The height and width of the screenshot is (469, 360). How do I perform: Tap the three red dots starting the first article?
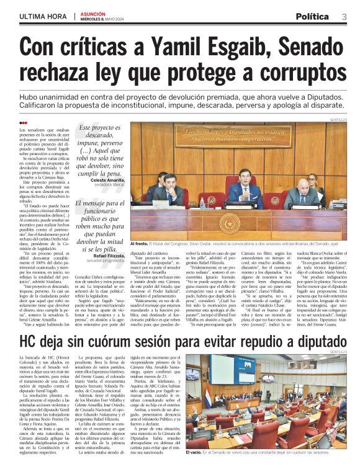[x=24, y=123]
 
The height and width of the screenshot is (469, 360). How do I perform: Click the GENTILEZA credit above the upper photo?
[x=338, y=119]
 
